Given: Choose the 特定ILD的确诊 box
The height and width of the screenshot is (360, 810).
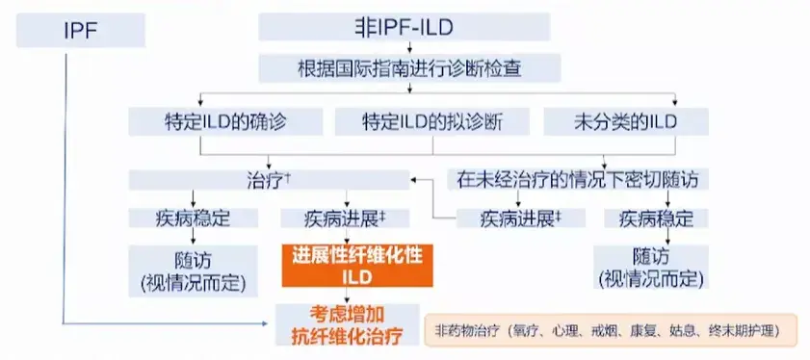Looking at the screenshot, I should tap(226, 121).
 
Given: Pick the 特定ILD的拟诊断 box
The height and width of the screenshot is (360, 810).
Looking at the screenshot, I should tap(432, 121).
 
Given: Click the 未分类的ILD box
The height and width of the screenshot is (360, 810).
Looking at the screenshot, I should tap(626, 121).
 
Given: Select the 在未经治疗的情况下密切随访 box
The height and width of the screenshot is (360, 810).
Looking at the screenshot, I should tap(576, 179).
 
